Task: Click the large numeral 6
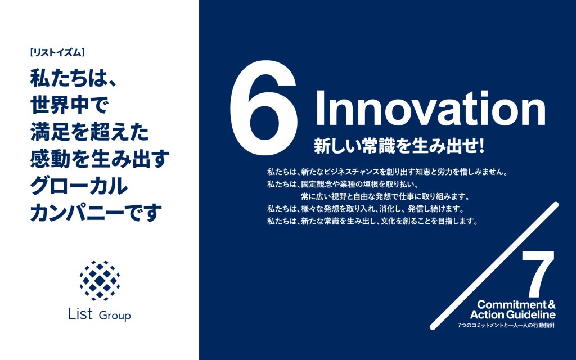(x=263, y=107)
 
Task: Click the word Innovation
(x=430, y=107)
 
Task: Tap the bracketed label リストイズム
(x=57, y=53)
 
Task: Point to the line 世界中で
(x=69, y=105)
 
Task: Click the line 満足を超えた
(x=89, y=132)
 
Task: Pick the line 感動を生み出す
(x=100, y=159)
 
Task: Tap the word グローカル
(x=79, y=186)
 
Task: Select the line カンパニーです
(x=96, y=212)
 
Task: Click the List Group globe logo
(x=100, y=281)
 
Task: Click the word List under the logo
(x=80, y=314)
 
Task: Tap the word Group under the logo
(x=115, y=316)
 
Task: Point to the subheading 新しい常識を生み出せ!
(x=399, y=146)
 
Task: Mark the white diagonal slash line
(x=494, y=265)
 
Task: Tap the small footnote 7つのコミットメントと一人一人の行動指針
(x=507, y=326)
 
